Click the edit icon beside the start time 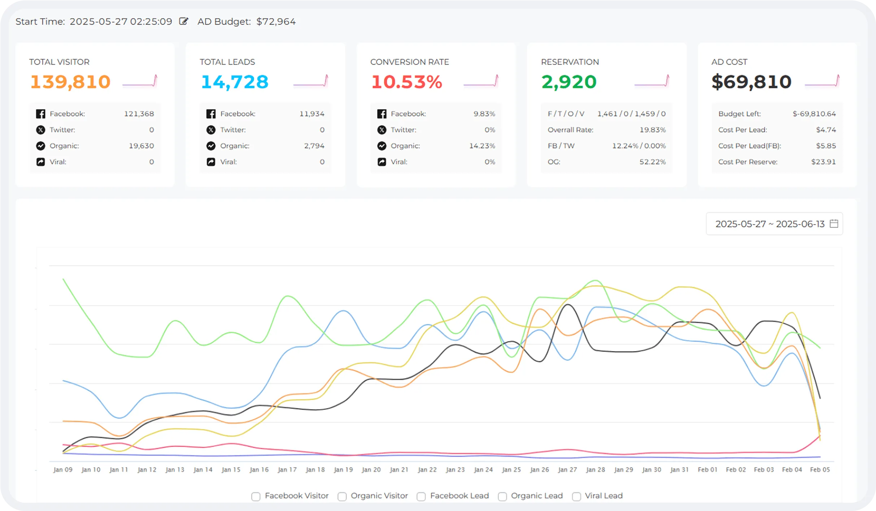tap(184, 21)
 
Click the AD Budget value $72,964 tap(276, 22)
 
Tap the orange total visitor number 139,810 tap(70, 82)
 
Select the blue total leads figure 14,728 tap(235, 82)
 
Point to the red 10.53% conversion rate tap(407, 82)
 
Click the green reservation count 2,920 tap(569, 82)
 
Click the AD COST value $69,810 tap(751, 82)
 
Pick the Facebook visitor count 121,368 tap(139, 114)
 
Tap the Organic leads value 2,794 tap(314, 146)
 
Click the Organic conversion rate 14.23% tap(482, 146)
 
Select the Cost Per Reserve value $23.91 tap(823, 162)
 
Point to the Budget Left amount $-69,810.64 tap(814, 114)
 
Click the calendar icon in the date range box tap(834, 224)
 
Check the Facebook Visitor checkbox tap(256, 497)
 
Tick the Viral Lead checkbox tap(576, 497)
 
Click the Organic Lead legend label tap(537, 496)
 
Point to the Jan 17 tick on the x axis tap(287, 469)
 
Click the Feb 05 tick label tap(820, 469)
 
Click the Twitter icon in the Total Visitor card tap(41, 130)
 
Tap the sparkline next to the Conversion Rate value tap(481, 81)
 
